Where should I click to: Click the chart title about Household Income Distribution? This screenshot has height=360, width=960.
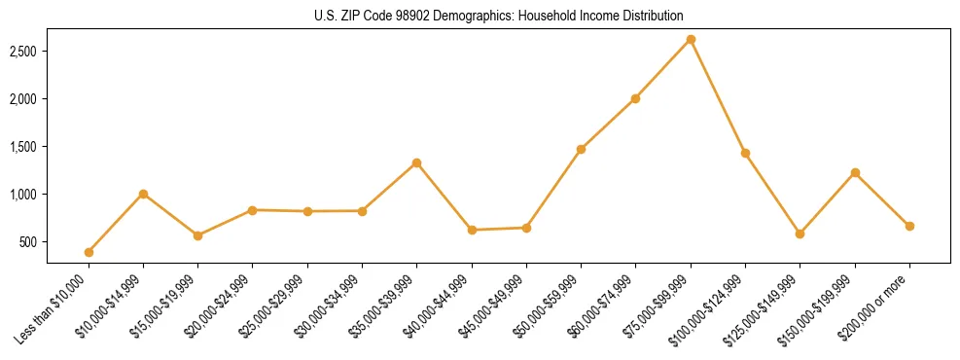[499, 16]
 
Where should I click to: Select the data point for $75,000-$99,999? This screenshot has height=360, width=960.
[691, 39]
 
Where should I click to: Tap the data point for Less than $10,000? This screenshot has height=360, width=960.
[89, 252]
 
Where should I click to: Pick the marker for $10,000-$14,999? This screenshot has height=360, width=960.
[143, 194]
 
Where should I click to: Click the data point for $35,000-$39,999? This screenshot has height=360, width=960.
[416, 162]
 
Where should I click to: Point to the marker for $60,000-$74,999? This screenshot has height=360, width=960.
[635, 98]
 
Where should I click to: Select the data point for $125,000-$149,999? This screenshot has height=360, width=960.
[800, 234]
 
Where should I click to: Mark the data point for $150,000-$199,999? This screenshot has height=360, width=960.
[855, 172]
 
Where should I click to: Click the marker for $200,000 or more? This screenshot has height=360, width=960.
[909, 226]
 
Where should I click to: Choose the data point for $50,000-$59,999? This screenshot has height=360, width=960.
[581, 149]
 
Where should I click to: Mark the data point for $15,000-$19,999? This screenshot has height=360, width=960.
[197, 235]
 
